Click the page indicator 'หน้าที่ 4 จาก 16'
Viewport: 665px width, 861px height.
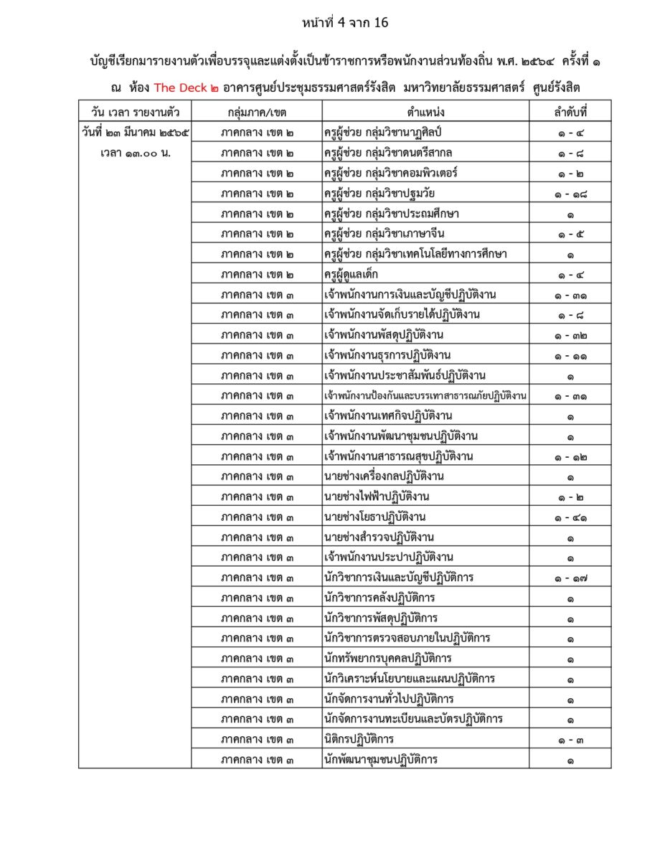[345, 22]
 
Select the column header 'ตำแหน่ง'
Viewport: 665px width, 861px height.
[425, 111]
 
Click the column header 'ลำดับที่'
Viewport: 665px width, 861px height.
[570, 111]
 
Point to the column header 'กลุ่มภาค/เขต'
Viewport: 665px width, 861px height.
[256, 111]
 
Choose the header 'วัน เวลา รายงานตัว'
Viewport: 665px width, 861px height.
[135, 111]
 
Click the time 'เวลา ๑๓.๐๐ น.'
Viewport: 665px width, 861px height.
[135, 153]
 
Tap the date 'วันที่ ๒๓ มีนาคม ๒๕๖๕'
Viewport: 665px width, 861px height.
[135, 133]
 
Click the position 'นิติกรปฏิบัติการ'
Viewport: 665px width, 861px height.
[359, 739]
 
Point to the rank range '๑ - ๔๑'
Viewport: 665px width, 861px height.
[570, 517]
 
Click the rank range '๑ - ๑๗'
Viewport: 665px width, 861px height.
[570, 578]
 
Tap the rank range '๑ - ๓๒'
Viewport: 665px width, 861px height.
[570, 336]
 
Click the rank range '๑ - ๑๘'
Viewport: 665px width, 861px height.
[570, 194]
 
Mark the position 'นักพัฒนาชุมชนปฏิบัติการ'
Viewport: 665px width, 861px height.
[381, 759]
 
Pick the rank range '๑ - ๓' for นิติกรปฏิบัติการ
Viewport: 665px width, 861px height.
[570, 739]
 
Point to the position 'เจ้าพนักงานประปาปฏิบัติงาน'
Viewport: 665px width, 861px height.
[388, 557]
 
